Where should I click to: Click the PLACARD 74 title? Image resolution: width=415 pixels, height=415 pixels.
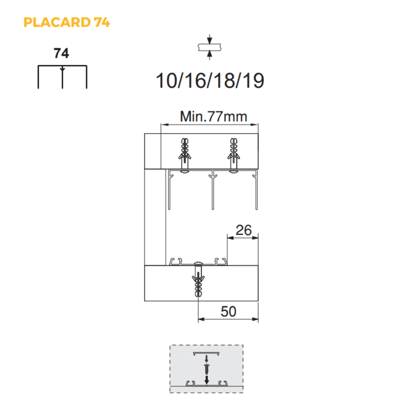click(x=66, y=22)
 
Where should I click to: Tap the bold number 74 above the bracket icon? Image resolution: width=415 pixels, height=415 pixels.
click(x=62, y=53)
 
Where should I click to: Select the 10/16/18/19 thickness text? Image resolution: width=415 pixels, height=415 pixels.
click(x=210, y=81)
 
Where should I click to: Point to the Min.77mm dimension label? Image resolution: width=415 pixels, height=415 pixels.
click(x=214, y=117)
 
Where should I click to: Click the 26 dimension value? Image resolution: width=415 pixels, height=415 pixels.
click(x=244, y=230)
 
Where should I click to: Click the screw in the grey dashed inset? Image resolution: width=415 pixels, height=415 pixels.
click(x=207, y=369)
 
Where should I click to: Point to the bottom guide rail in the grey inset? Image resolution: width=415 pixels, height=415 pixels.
click(x=206, y=383)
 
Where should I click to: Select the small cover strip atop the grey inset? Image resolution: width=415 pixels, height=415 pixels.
click(x=206, y=352)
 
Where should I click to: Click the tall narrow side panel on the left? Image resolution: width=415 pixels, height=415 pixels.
click(x=155, y=217)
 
